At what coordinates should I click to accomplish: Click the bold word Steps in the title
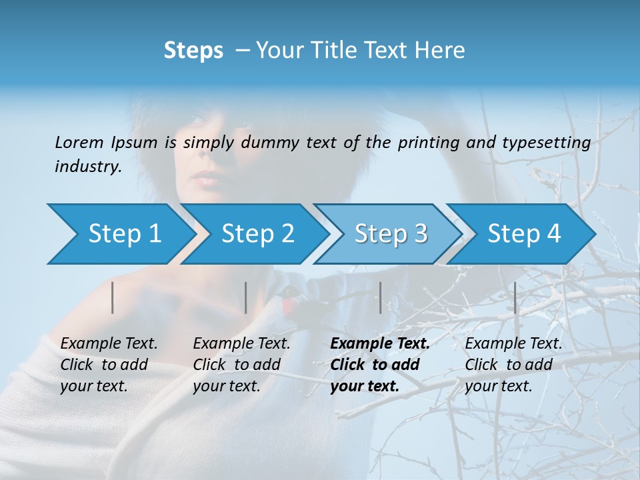(x=193, y=51)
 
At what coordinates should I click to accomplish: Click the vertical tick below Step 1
(x=113, y=297)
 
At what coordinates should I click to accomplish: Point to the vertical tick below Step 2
(x=246, y=297)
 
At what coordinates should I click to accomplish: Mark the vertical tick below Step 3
(x=380, y=297)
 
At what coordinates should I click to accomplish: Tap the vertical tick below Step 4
(x=515, y=297)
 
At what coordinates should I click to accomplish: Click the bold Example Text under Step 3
(x=380, y=343)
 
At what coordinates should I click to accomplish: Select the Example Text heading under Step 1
(x=109, y=343)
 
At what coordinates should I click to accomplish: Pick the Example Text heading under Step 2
(x=241, y=343)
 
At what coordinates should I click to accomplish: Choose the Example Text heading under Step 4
(x=513, y=343)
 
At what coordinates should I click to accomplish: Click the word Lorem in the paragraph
(x=79, y=142)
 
